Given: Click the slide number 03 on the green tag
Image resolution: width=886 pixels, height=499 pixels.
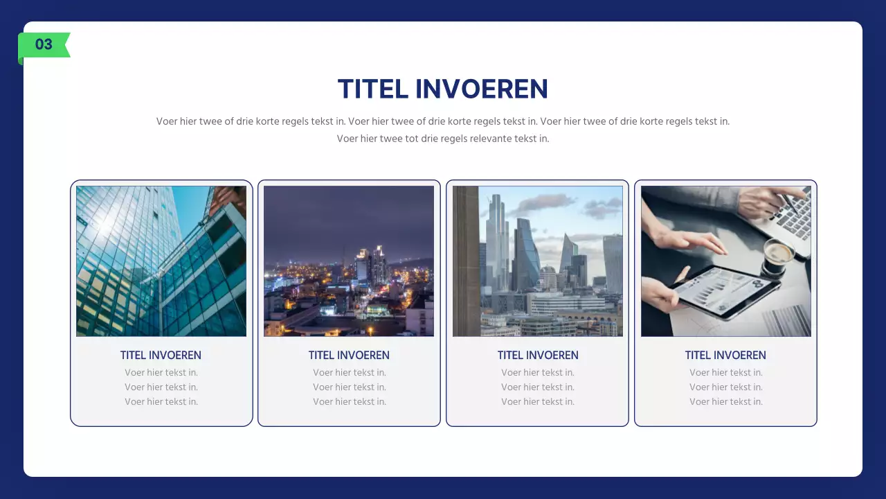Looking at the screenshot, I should pos(44,45).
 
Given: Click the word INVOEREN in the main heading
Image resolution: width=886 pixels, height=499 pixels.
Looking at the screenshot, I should pos(482,89).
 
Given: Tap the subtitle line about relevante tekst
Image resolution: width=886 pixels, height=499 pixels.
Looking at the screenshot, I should pos(443,139).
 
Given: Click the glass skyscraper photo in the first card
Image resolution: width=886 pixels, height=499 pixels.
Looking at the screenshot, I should pos(161,261).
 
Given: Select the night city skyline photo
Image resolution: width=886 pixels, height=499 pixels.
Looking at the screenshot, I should pos(349,261).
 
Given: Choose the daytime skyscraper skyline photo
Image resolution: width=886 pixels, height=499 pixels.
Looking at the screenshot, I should pos(538,261).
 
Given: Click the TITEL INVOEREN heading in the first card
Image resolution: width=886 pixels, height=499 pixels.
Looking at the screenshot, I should pos(161,356).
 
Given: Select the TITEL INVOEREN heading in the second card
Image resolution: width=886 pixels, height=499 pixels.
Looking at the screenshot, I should pos(349,356).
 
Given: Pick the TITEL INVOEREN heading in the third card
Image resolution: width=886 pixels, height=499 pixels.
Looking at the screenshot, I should pos(538,356).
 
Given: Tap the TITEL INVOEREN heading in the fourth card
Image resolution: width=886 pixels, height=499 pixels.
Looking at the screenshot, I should pos(725,356).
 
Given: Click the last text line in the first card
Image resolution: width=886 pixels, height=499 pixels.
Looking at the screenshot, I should pos(161,402).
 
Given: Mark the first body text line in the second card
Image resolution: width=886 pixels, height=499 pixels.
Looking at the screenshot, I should pos(350,373).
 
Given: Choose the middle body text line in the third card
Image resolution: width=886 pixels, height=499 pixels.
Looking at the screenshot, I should pos(538,387).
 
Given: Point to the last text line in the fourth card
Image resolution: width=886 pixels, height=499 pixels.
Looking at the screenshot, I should pos(726,402).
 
